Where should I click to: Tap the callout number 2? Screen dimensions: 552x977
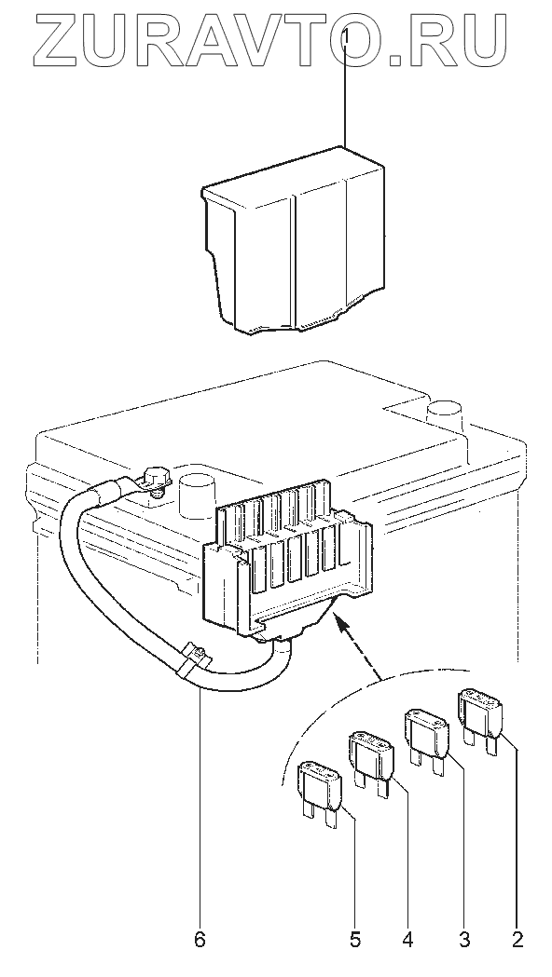[517, 940]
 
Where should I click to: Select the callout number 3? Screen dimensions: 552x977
[464, 940]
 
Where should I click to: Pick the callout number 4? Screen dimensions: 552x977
[408, 940]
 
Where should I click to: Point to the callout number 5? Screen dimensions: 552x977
[355, 940]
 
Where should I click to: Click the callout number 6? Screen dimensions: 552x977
[199, 940]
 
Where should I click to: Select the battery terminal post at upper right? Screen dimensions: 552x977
[444, 414]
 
